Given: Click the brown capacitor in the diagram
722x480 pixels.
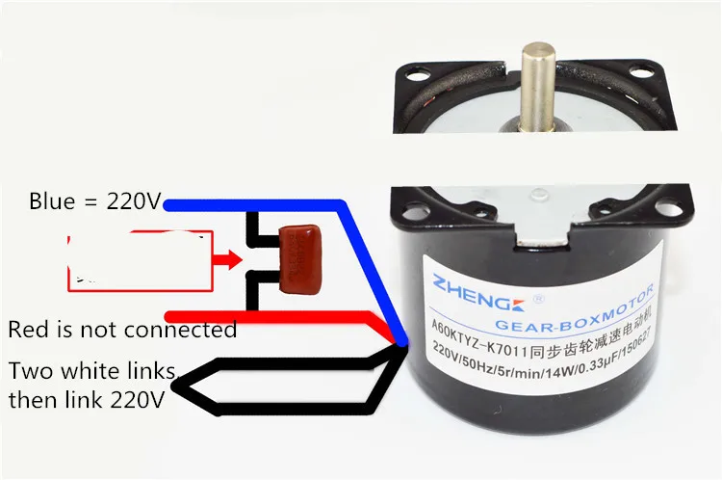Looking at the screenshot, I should click(297, 258).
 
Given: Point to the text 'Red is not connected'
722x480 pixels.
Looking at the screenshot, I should click(122, 330).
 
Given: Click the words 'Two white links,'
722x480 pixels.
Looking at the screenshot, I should click(92, 371).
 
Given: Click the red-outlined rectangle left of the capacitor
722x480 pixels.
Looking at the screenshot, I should click(140, 261).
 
